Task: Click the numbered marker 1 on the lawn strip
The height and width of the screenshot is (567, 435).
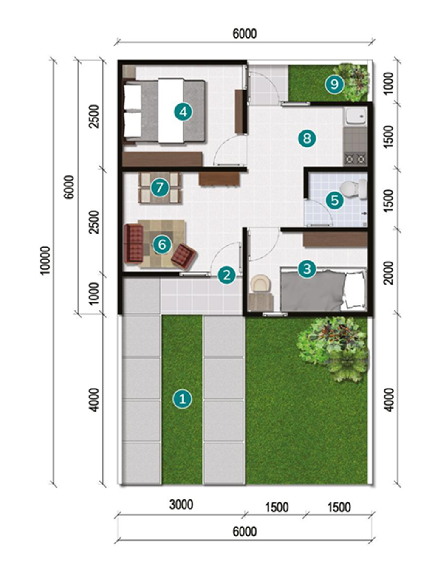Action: click(182, 399)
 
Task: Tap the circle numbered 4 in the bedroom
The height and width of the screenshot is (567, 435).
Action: click(183, 112)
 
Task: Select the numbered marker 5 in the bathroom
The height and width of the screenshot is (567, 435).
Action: click(335, 200)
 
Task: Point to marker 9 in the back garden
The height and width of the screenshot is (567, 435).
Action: click(334, 84)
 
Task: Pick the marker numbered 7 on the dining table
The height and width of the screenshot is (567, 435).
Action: click(159, 187)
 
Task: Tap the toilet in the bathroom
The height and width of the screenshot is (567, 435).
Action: click(354, 189)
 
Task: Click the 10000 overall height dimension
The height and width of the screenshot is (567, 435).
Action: click(45, 260)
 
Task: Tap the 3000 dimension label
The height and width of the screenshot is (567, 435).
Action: click(181, 505)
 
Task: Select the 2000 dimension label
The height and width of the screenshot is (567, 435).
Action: click(389, 273)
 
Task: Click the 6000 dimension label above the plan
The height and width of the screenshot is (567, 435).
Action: click(245, 34)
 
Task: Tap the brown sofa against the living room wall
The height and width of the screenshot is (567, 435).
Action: click(134, 243)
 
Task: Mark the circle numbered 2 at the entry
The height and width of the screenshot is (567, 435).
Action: click(226, 275)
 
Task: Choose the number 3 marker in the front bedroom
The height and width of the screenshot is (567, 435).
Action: click(307, 268)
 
